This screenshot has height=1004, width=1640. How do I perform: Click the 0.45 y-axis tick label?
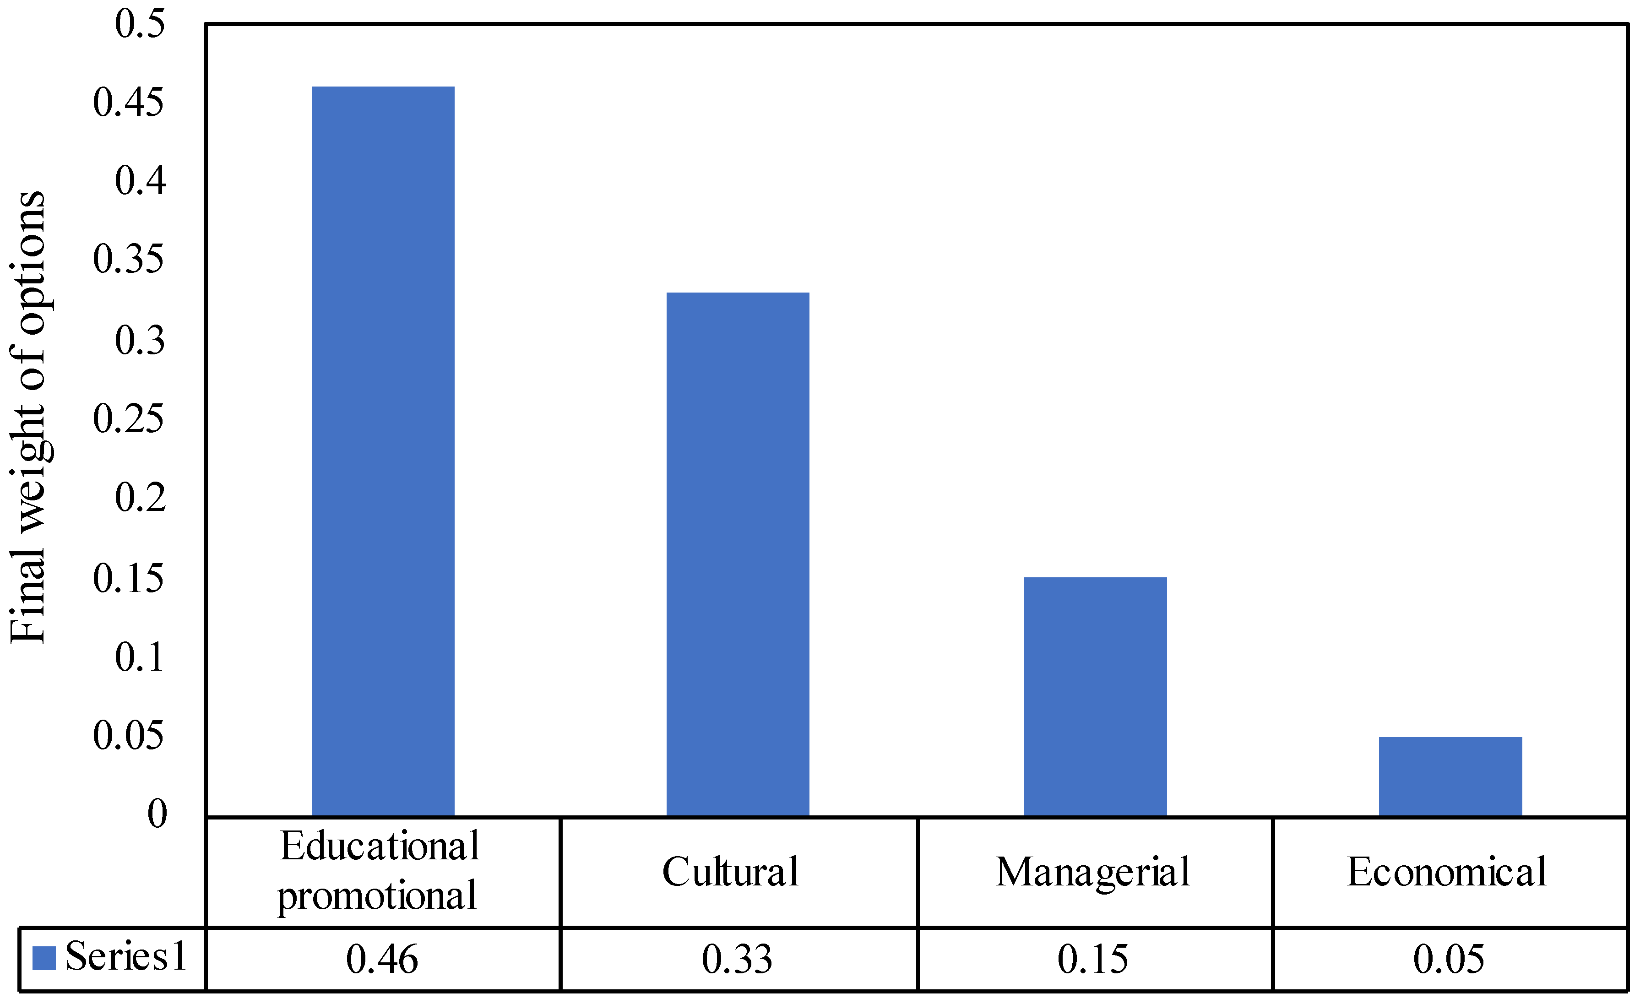pyautogui.click(x=128, y=103)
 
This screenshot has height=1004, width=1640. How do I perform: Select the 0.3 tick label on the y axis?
pyautogui.click(x=139, y=340)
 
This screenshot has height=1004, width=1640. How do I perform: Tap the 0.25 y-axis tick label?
pyautogui.click(x=128, y=419)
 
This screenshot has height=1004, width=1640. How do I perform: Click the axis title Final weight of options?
pyautogui.click(x=28, y=418)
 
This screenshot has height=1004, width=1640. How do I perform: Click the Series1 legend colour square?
pyautogui.click(x=44, y=958)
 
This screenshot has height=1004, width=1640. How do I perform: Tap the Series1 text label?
pyautogui.click(x=126, y=957)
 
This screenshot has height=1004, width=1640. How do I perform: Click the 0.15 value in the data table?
pyautogui.click(x=1093, y=960)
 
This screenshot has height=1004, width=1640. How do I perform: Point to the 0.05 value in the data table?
pyautogui.click(x=1449, y=960)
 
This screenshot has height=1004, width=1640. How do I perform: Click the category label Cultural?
pyautogui.click(x=730, y=872)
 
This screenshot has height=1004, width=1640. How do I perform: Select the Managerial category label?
pyautogui.click(x=1093, y=872)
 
